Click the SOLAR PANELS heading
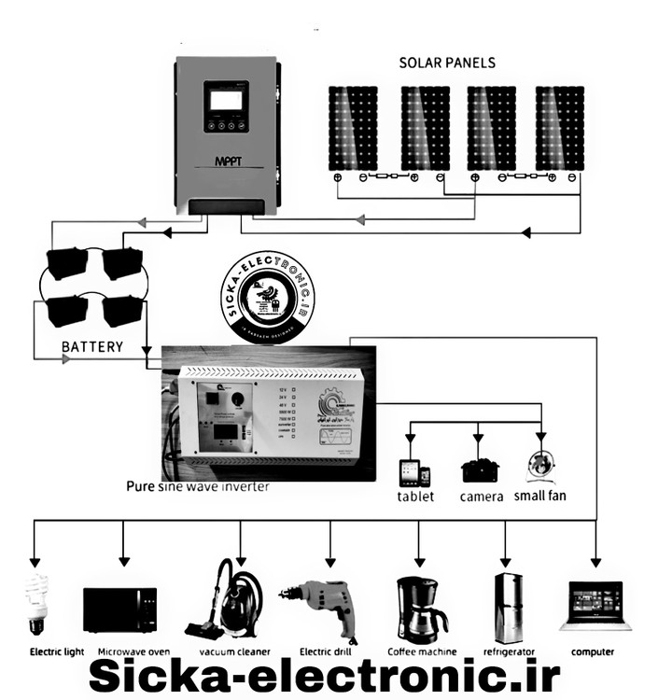point(447,63)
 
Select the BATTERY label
point(92,346)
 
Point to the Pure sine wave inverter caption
point(198,486)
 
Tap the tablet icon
point(414,473)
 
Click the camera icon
point(480,469)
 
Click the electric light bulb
point(36,603)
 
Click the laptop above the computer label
point(594,607)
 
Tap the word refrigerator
point(509,651)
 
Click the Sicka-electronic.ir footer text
point(324,677)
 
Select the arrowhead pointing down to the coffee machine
point(418,563)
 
